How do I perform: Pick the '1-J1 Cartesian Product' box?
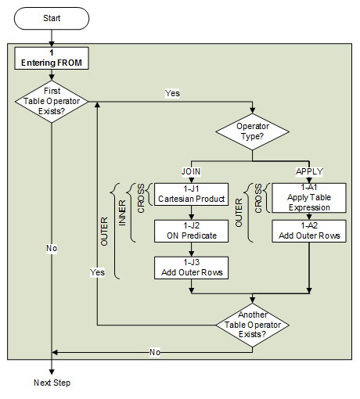(192, 193)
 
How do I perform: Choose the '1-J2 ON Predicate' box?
(192, 230)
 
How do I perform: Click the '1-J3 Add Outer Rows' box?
(192, 268)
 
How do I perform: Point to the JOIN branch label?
(192, 171)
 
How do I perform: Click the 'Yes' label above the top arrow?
(173, 92)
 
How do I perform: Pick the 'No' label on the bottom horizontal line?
(155, 352)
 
